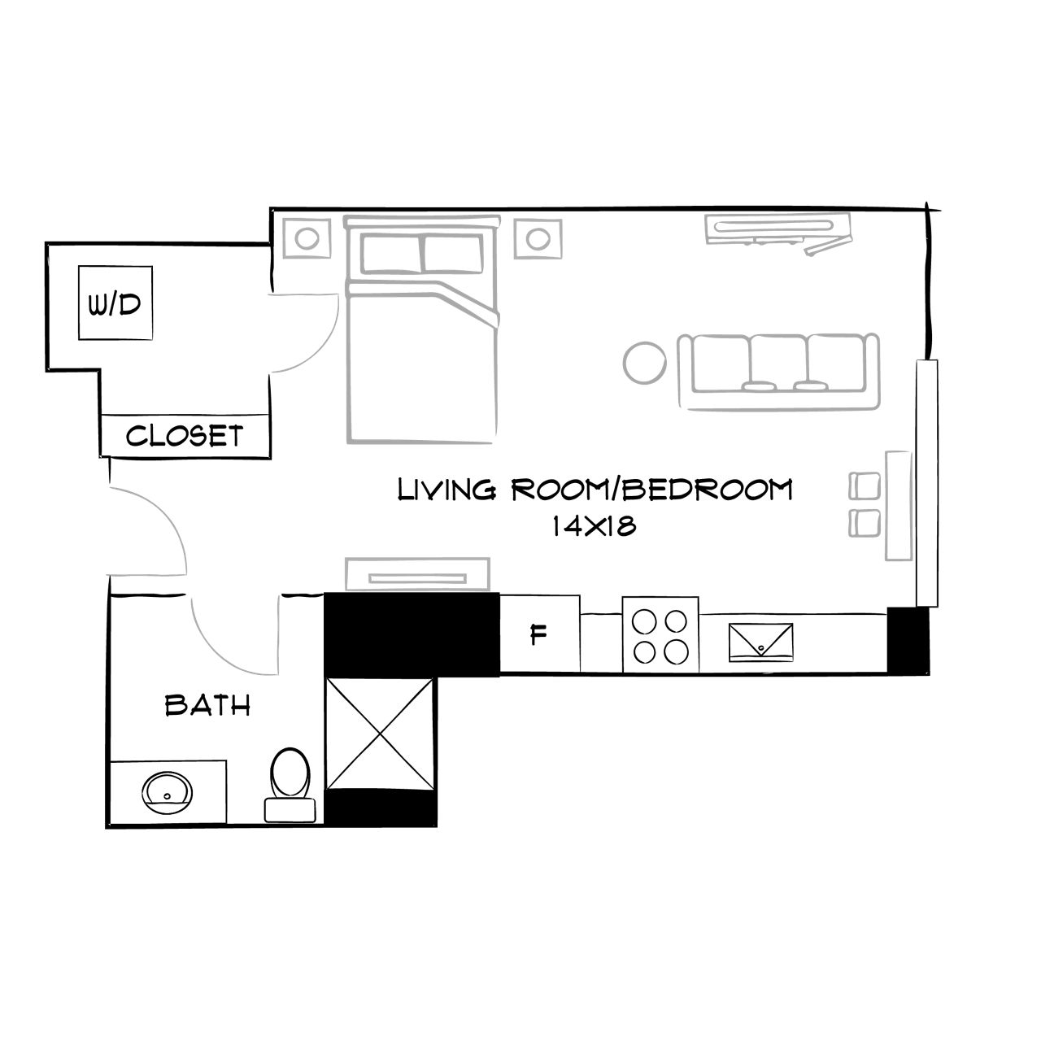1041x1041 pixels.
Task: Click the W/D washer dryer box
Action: click(115, 303)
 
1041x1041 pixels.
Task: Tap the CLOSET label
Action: click(185, 436)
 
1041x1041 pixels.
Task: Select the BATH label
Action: click(207, 704)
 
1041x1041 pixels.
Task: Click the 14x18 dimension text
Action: click(593, 526)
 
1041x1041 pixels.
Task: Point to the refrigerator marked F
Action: click(538, 634)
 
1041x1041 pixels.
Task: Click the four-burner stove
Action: click(660, 634)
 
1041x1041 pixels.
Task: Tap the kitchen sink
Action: click(761, 639)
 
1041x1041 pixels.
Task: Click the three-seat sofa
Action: click(778, 370)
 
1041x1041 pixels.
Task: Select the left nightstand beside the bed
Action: click(307, 239)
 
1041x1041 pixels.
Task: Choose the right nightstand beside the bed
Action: click(537, 239)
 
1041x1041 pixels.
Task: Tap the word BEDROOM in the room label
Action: click(707, 490)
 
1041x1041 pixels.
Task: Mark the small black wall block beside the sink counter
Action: click(907, 640)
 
